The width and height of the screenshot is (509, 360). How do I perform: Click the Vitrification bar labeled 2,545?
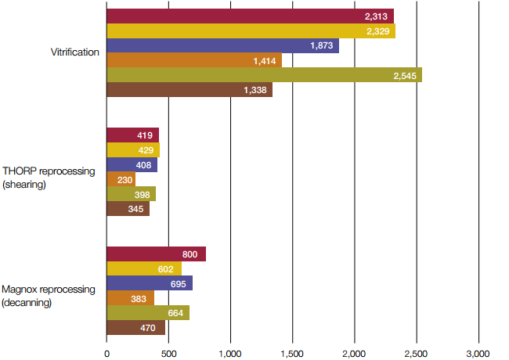(264, 75)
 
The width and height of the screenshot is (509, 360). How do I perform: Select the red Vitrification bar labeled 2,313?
(250, 16)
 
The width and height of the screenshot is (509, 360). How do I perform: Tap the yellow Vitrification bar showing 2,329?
(251, 31)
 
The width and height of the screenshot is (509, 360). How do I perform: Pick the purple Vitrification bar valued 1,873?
(222, 46)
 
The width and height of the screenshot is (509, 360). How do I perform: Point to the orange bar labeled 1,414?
(193, 60)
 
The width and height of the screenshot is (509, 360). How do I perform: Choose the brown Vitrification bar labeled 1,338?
(189, 90)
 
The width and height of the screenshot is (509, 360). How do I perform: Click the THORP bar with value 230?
(121, 179)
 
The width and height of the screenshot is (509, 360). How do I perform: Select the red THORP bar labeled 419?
(132, 135)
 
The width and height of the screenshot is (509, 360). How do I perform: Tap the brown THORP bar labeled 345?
(128, 209)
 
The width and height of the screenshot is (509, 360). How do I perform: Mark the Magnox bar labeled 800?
(156, 254)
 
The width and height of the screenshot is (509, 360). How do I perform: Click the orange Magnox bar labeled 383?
(130, 298)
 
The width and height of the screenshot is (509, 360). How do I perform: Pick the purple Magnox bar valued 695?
(150, 283)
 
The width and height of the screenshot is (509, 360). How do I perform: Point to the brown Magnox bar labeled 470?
(135, 328)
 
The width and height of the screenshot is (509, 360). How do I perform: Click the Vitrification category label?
(74, 53)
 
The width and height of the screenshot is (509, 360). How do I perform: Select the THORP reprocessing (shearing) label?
(49, 177)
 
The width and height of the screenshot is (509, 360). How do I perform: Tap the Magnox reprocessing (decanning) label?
(49, 295)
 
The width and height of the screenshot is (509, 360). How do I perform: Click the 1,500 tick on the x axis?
(292, 352)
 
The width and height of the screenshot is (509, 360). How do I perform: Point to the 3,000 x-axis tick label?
(478, 352)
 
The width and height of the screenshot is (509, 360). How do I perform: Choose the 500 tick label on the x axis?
(168, 352)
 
